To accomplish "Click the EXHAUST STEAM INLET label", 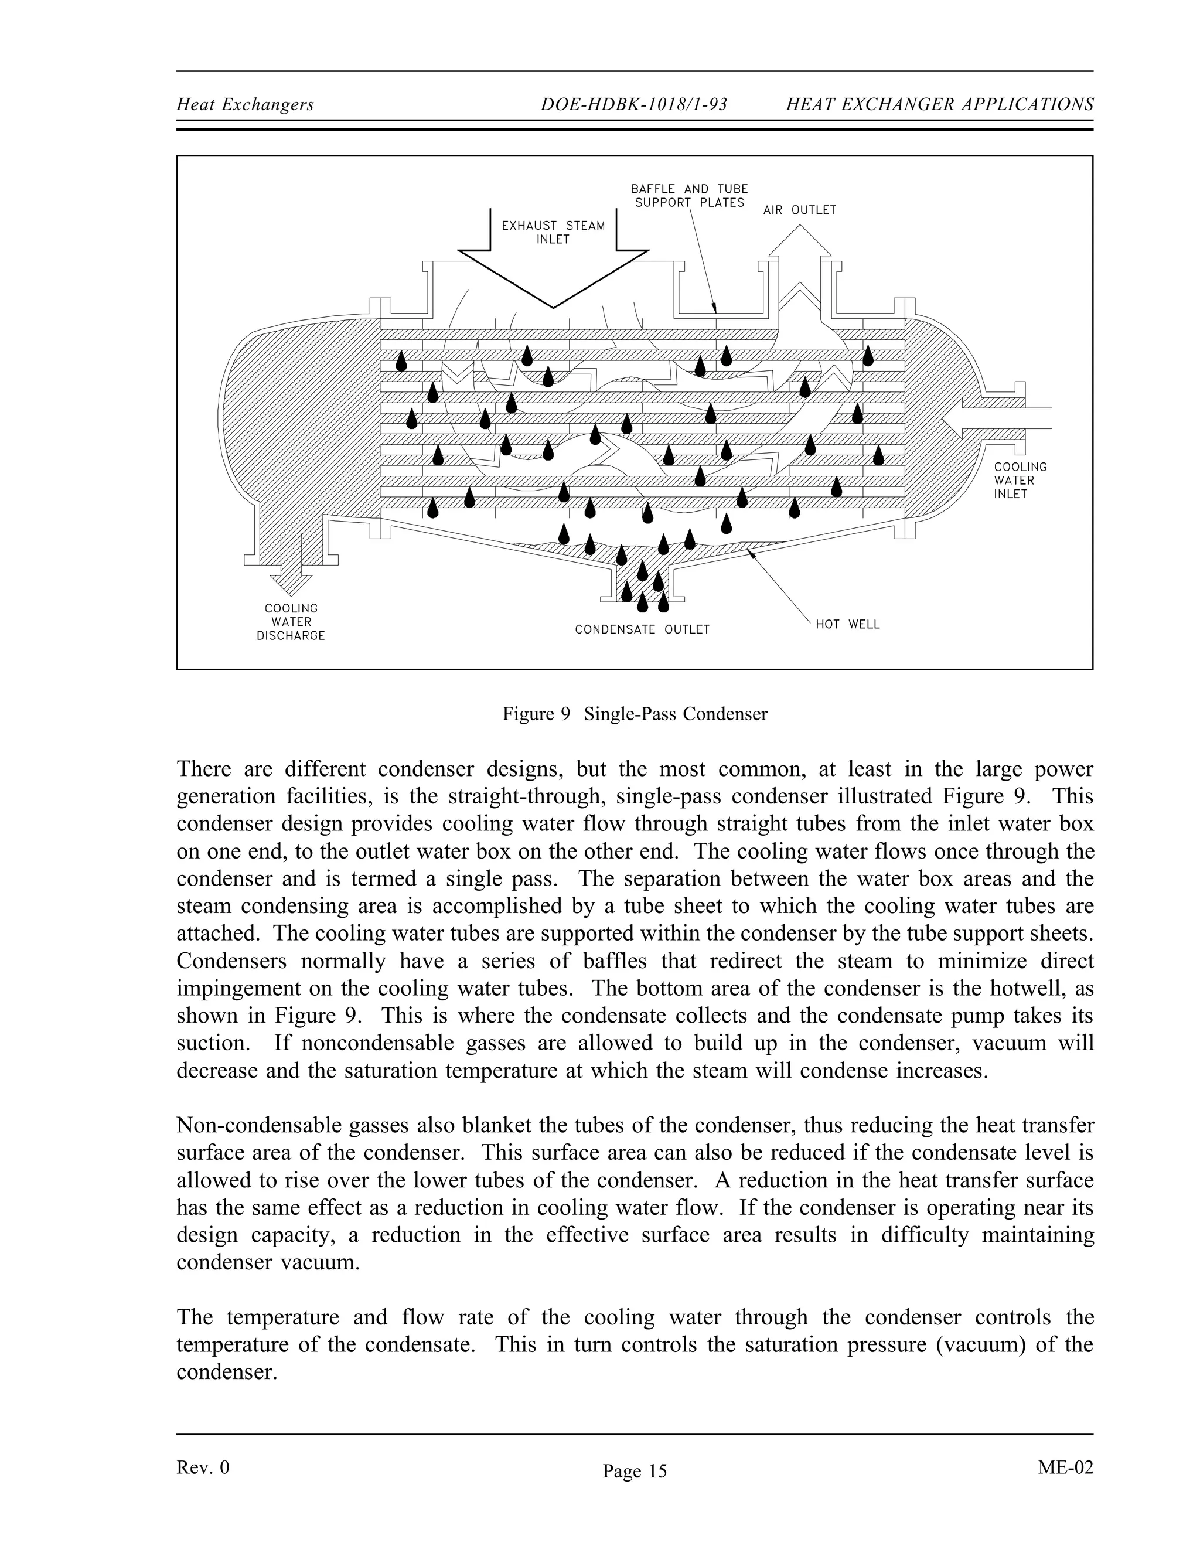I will pos(553,233).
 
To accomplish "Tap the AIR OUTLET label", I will pos(800,210).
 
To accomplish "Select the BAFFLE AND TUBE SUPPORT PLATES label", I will pos(690,196).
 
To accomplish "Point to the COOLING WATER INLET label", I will pos(1020,480).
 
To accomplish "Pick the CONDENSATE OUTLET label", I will pos(642,629).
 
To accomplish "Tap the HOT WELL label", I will pos(847,624).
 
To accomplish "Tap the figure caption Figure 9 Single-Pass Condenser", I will pos(635,714).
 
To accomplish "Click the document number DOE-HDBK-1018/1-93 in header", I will pos(633,104).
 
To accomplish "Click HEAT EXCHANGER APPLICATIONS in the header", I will pos(939,104).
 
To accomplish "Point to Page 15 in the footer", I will pos(635,1470).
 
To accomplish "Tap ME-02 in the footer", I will pos(1065,1467).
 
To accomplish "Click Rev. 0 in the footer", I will pos(203,1467).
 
